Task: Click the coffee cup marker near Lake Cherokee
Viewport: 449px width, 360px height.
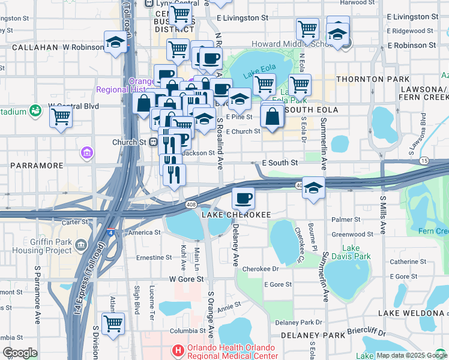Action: (x=243, y=197)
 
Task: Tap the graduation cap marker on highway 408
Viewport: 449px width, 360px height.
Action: (x=313, y=187)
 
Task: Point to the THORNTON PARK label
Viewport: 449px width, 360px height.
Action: (x=373, y=79)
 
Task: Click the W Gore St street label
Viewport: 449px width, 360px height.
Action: (x=187, y=279)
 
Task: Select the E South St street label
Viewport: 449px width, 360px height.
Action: (x=280, y=163)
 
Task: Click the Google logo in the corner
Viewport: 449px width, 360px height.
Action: (x=20, y=352)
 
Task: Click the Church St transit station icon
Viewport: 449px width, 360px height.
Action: (x=154, y=142)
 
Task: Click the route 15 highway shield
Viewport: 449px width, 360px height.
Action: (x=424, y=161)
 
